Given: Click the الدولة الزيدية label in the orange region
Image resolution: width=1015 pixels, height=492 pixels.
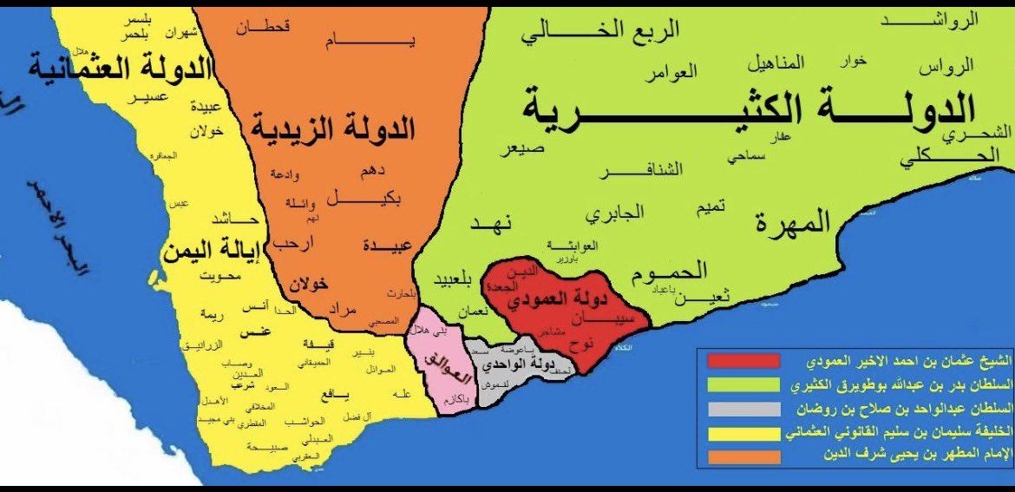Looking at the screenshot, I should coord(334,128).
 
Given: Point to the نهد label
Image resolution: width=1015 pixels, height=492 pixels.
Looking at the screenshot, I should coord(494,223).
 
